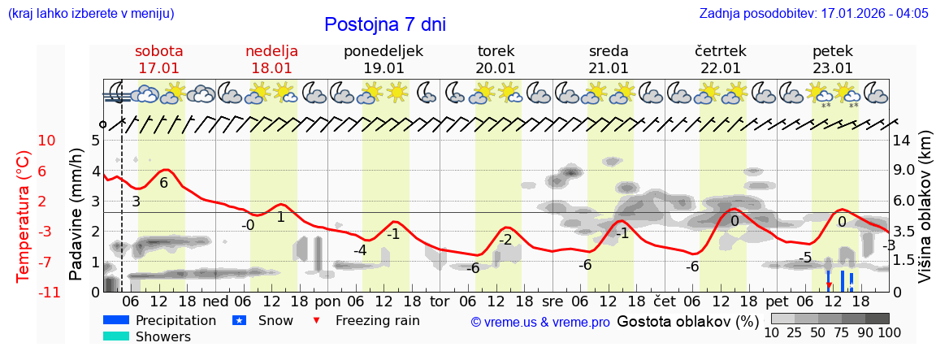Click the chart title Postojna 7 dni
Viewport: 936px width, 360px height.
(x=385, y=24)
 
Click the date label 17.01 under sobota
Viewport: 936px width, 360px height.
(x=159, y=68)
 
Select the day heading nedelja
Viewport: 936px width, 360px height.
(x=271, y=51)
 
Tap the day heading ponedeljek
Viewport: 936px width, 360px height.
(x=383, y=51)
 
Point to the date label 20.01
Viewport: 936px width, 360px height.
(x=496, y=68)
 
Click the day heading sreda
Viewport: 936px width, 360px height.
(x=609, y=51)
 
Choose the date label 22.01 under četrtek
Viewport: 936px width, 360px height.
(x=721, y=68)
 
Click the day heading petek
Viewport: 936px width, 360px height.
(x=833, y=51)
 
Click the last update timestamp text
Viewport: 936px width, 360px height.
(x=813, y=14)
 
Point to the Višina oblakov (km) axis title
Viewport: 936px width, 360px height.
(x=925, y=215)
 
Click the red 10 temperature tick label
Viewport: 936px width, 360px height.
(x=47, y=141)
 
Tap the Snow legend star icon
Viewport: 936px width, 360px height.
(x=239, y=320)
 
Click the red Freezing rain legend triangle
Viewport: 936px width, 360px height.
(x=317, y=320)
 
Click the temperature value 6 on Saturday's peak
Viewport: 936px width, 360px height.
(x=163, y=183)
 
